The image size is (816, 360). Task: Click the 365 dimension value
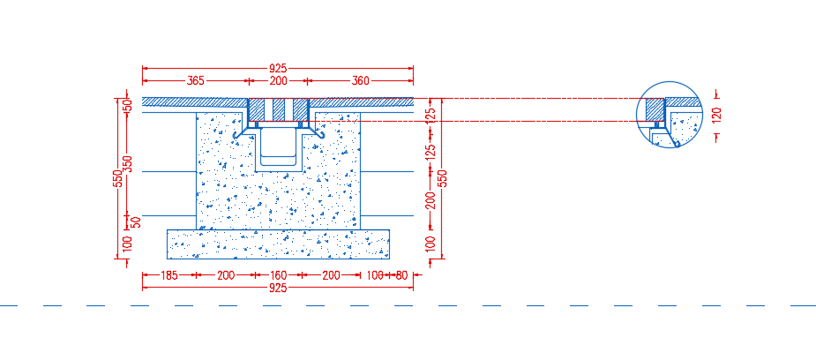195,80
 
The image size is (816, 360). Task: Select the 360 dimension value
360,80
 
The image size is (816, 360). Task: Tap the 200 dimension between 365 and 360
278,80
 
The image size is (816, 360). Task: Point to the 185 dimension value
168,275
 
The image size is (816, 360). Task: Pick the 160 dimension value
278,275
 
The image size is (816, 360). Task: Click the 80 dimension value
401,275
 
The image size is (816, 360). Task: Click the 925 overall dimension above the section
278,68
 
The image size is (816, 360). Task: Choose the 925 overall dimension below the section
278,288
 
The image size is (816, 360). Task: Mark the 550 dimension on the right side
442,178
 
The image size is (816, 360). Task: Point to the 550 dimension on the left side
118,178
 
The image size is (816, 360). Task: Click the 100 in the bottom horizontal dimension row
374,275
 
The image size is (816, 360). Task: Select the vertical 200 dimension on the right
430,199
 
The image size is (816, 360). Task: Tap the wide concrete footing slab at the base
278,244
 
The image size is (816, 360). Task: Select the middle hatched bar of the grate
279,109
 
